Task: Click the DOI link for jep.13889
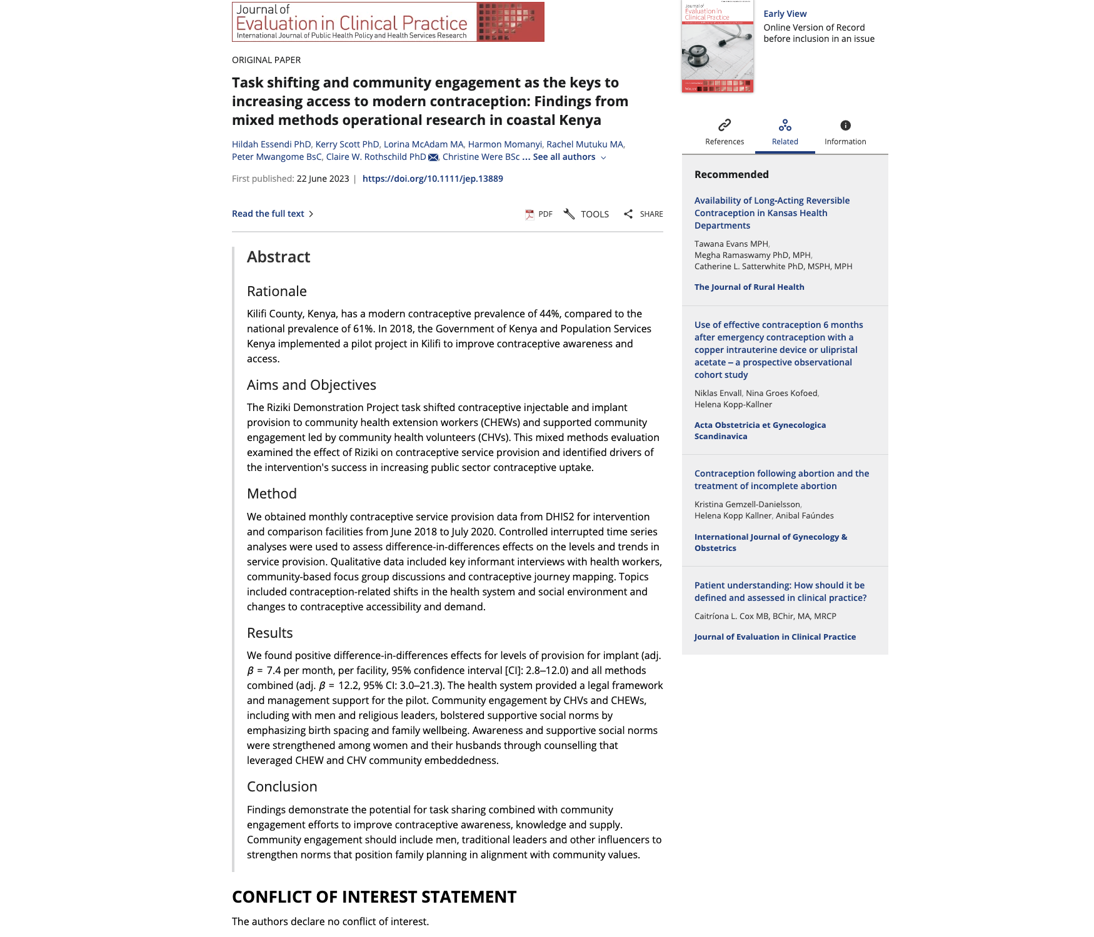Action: pos(433,179)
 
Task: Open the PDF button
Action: pos(539,214)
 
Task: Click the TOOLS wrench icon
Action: pos(569,214)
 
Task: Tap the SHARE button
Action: pos(643,214)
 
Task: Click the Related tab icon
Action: pos(785,126)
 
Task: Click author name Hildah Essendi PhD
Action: pos(271,144)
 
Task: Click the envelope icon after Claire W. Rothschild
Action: pos(433,157)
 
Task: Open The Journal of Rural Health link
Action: pos(749,287)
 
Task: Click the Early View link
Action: pos(785,14)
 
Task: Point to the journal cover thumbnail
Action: pos(718,47)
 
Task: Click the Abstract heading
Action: pos(278,257)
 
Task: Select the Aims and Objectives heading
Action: pos(311,385)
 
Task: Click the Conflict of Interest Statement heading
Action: pos(374,897)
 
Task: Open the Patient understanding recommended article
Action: pos(780,592)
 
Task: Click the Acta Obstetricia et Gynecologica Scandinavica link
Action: pos(760,430)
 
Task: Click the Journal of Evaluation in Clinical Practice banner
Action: pos(388,22)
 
